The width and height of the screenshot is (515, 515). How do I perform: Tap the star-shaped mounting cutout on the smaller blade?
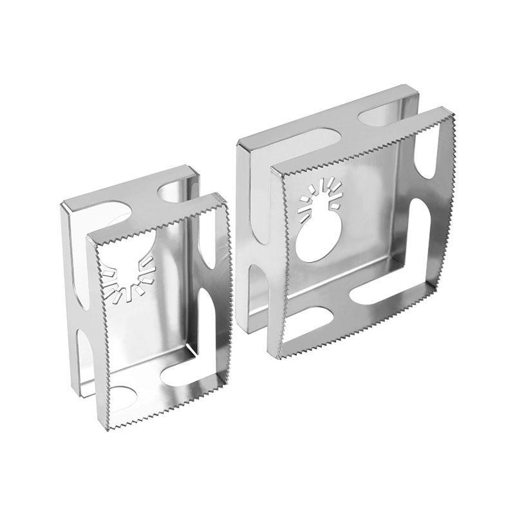129,279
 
